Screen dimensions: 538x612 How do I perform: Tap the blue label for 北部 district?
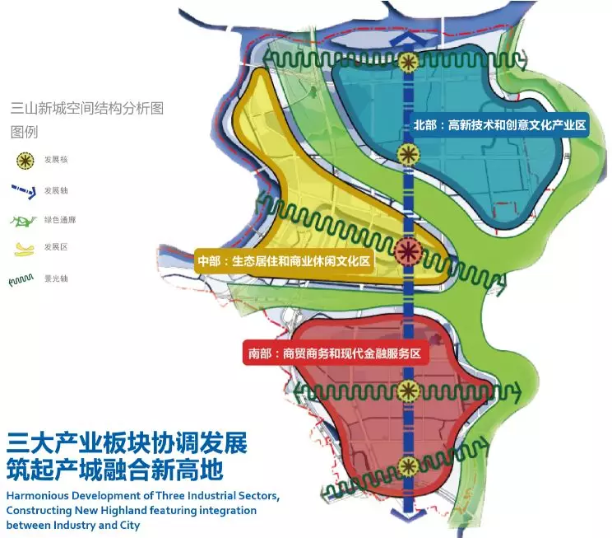click(499, 126)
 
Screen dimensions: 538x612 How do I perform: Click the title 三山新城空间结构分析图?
click(88, 108)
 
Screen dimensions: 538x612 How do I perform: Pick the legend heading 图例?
click(25, 131)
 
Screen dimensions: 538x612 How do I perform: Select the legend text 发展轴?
click(56, 190)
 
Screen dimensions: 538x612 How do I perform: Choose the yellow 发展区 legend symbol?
click(25, 248)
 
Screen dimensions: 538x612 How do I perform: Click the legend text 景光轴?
click(56, 278)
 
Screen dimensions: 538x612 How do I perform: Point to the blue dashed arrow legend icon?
click(24, 190)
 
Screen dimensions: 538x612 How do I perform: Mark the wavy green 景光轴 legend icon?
click(21, 279)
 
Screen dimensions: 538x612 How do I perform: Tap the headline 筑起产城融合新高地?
click(116, 470)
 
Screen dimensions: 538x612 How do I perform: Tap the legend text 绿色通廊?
click(60, 220)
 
